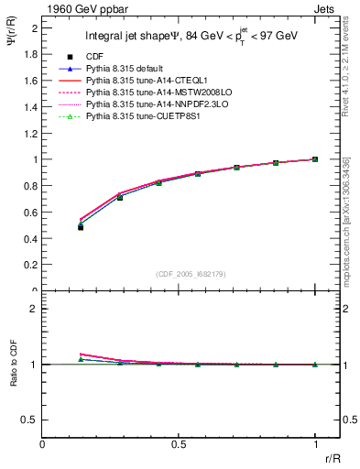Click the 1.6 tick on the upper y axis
click(x=31, y=81)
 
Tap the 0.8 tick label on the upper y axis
click(x=31, y=186)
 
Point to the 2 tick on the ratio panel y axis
click(x=35, y=309)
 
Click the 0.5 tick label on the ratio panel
click(x=30, y=420)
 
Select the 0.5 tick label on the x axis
click(x=179, y=444)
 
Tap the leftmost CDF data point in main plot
click(x=81, y=227)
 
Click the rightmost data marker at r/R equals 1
click(x=315, y=159)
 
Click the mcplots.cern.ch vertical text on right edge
click(x=349, y=220)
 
